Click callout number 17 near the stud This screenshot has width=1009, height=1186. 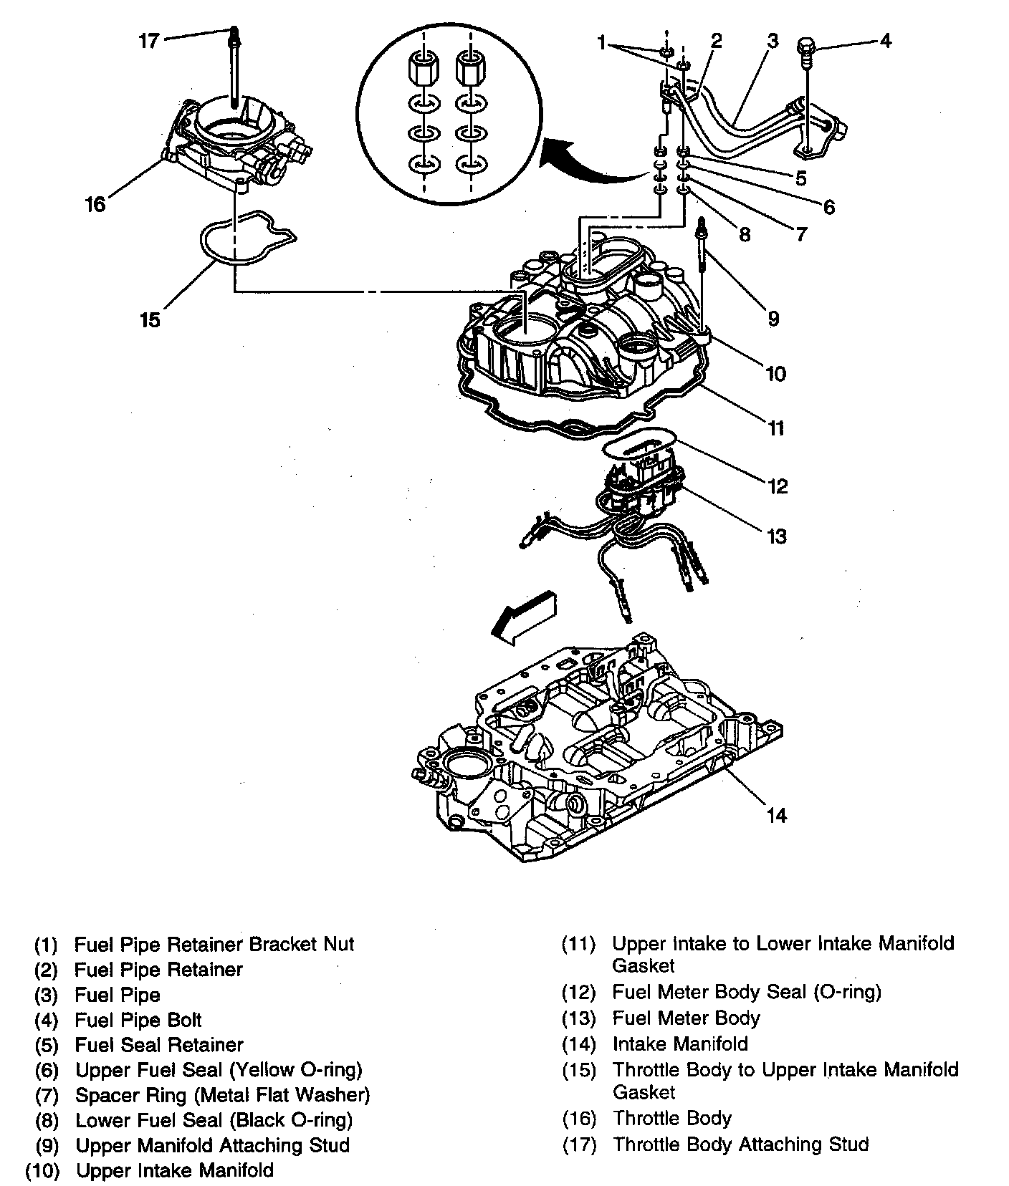tap(148, 41)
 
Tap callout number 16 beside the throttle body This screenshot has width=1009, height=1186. tap(95, 204)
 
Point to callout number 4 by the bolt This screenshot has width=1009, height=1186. tap(885, 41)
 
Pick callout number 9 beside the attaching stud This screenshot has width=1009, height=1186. tap(773, 318)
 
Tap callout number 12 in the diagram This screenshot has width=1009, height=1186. tap(778, 486)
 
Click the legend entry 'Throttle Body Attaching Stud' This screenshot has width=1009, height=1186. tap(740, 1144)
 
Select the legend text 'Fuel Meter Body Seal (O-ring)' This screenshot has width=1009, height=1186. tap(746, 992)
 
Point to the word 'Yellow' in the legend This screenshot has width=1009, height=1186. tap(265, 1070)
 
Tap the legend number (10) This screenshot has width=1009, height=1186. tap(41, 1171)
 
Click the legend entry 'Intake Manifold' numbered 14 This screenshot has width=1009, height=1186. tap(679, 1043)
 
